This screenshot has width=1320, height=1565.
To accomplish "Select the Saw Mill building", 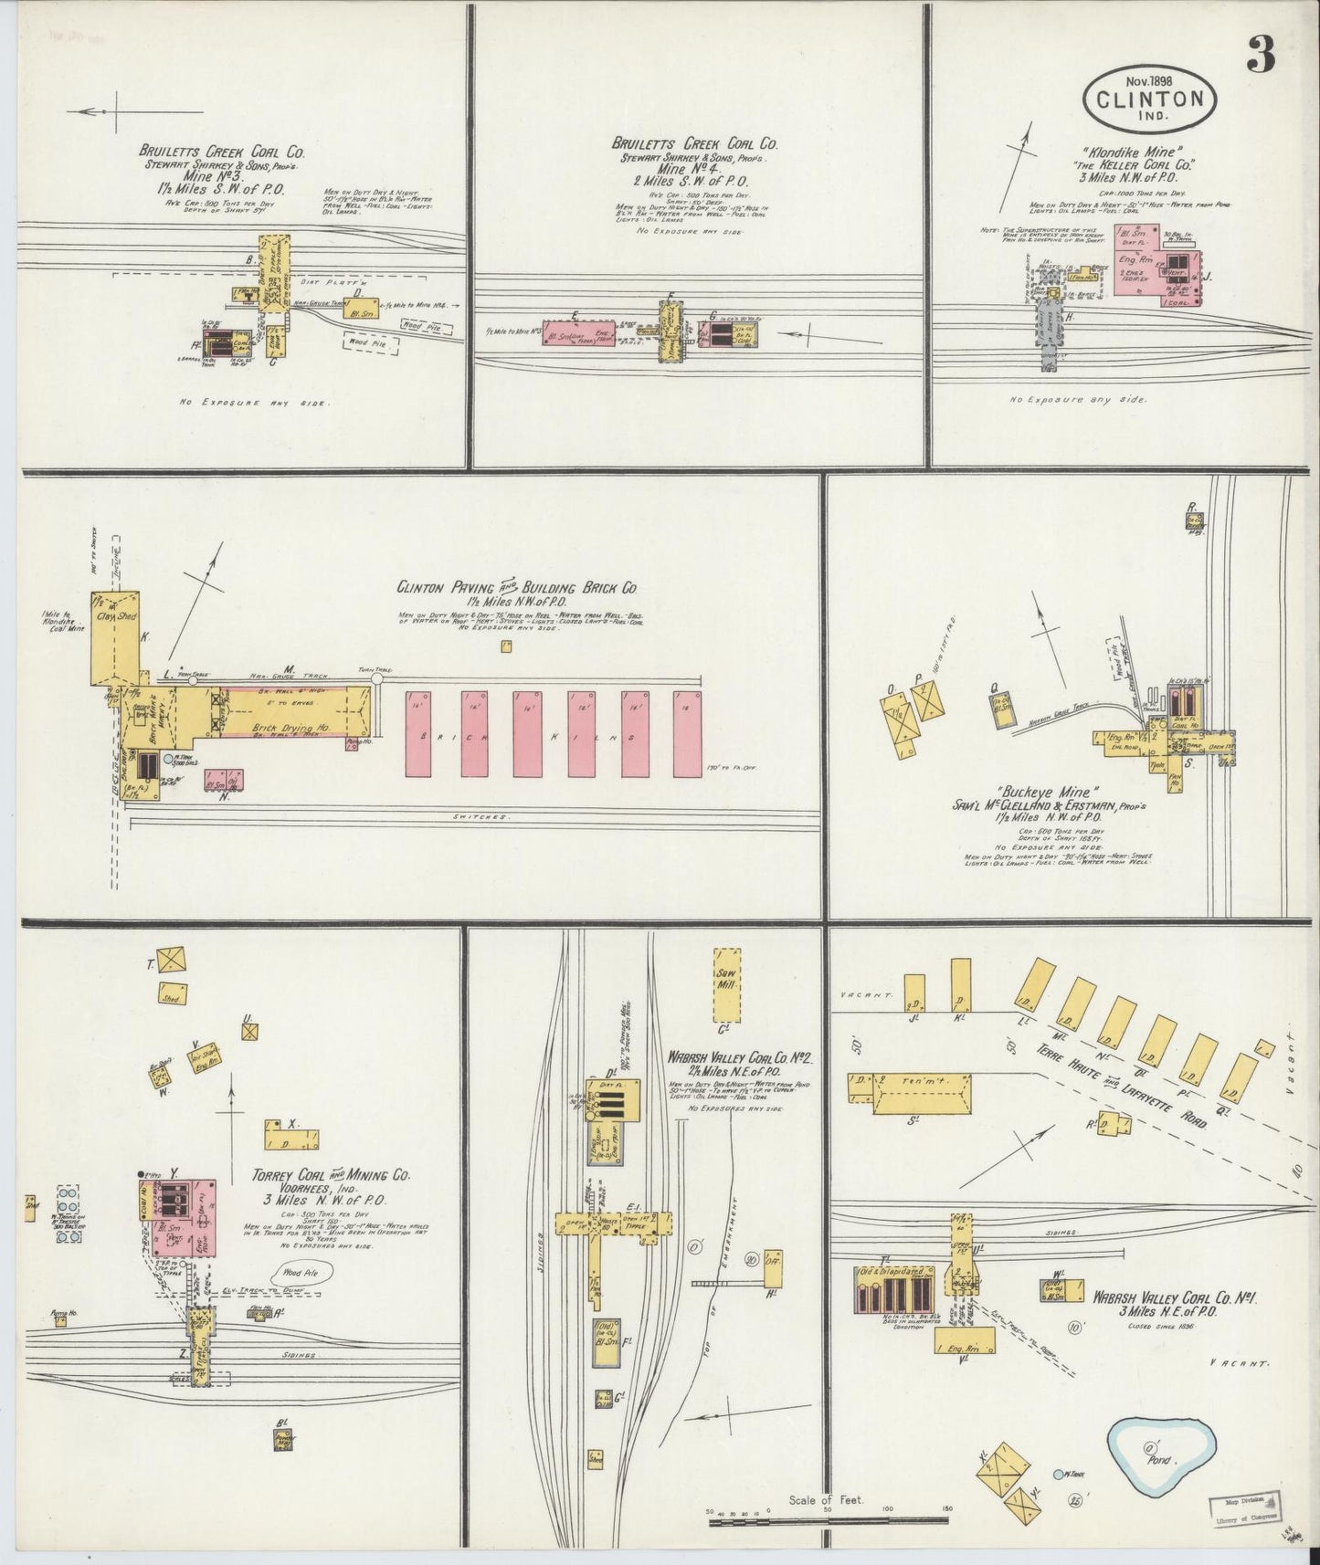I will (727, 982).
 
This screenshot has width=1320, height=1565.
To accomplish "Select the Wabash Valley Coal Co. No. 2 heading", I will (740, 1057).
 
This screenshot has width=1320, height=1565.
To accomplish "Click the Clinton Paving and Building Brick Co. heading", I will (516, 589).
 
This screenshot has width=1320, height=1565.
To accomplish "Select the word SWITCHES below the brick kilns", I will (482, 815).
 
